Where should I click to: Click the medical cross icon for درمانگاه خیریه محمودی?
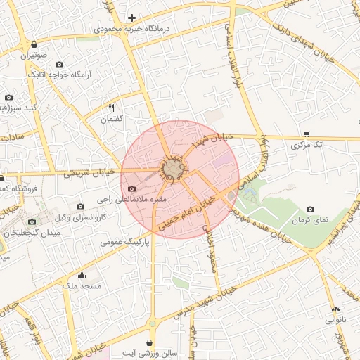tap(131, 18)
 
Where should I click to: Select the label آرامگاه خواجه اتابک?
tap(56, 72)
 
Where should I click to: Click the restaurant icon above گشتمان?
tap(111, 108)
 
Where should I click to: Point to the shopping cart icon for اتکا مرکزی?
tap(307, 134)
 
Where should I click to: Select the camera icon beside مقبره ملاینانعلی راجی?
tap(132, 189)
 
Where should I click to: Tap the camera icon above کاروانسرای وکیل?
tap(81, 207)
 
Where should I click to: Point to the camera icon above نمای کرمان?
tap(311, 210)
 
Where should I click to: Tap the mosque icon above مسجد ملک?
tap(82, 275)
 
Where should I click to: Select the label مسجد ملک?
tap(82, 286)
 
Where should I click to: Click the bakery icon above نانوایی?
tap(335, 309)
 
